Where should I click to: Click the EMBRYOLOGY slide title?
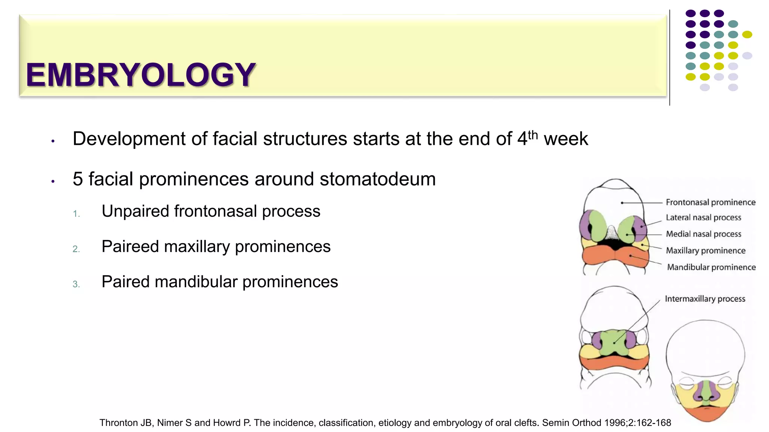(x=141, y=75)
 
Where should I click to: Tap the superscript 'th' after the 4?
(x=533, y=135)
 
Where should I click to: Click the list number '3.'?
(x=76, y=284)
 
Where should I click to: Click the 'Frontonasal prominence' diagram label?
(x=710, y=202)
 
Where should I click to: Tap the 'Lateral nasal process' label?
(x=703, y=217)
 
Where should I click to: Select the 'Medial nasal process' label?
(x=703, y=234)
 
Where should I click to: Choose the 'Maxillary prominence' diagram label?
(x=706, y=250)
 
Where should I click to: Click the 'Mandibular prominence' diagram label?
(x=711, y=267)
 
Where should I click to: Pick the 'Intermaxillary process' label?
(x=705, y=299)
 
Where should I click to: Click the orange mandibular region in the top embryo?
(x=601, y=257)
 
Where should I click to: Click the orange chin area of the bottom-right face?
(x=706, y=412)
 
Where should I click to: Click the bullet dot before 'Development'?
(x=53, y=141)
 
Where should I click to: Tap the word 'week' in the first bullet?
(x=565, y=139)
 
